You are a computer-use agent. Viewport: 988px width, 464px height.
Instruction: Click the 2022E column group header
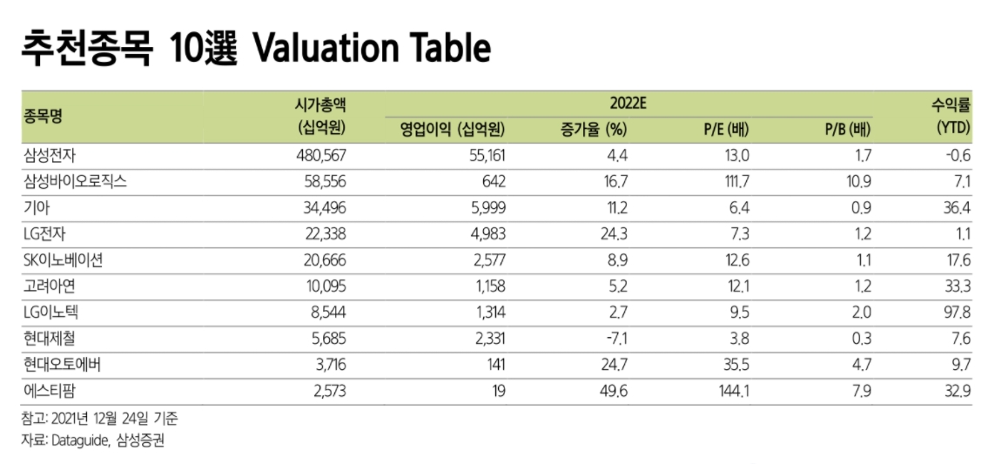(x=623, y=104)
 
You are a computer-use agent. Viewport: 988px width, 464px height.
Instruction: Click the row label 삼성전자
(x=50, y=156)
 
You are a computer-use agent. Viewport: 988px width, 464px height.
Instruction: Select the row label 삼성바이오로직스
(x=74, y=182)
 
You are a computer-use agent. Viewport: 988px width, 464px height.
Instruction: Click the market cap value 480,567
(x=321, y=156)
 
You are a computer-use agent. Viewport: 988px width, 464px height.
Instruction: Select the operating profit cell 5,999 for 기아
(x=486, y=208)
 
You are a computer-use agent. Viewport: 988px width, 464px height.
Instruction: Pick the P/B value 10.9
(x=857, y=182)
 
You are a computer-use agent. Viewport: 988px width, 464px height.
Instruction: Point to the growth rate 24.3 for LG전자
(x=612, y=234)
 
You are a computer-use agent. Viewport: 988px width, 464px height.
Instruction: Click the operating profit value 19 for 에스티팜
(x=498, y=391)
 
